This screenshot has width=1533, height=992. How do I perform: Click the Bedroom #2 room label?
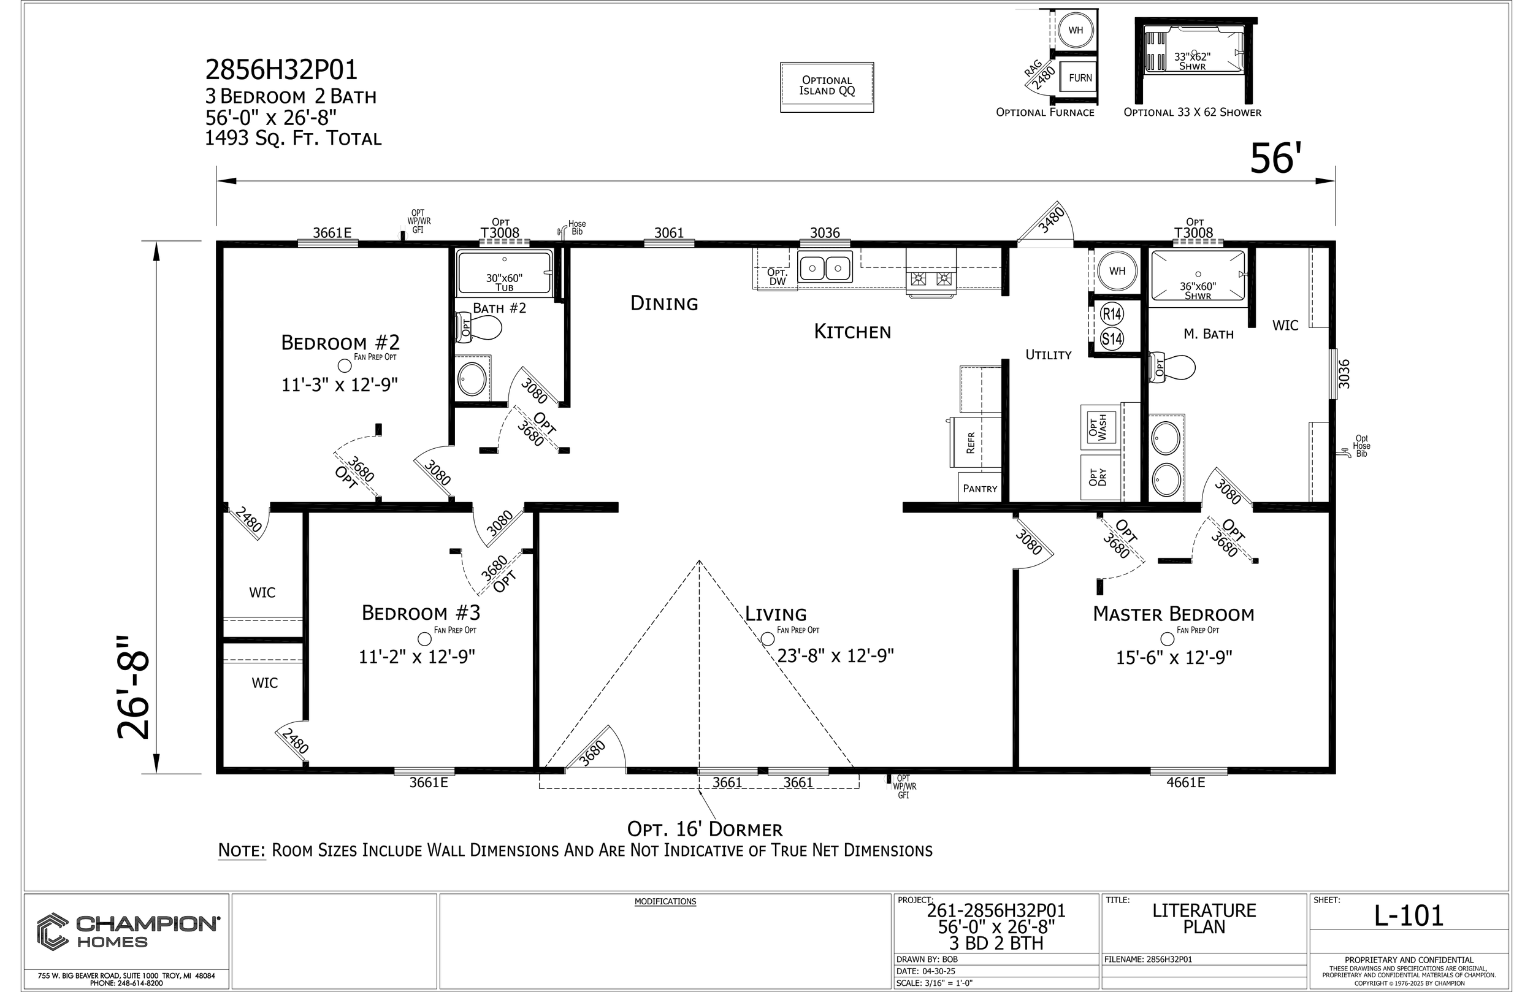click(340, 343)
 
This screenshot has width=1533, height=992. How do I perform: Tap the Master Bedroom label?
click(1174, 614)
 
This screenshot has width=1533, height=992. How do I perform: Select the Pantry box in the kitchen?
click(980, 487)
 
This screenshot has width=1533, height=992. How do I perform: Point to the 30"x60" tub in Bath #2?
click(504, 273)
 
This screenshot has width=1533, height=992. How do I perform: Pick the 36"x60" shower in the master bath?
click(1198, 276)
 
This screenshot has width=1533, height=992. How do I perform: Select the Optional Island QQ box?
click(827, 87)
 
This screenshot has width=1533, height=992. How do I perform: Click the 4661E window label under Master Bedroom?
click(1185, 783)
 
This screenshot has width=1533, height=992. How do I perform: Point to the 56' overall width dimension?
click(1272, 158)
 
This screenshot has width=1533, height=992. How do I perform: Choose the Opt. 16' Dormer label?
click(705, 829)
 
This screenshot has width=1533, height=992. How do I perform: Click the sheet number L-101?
click(1409, 915)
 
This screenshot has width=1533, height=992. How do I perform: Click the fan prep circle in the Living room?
click(767, 639)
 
